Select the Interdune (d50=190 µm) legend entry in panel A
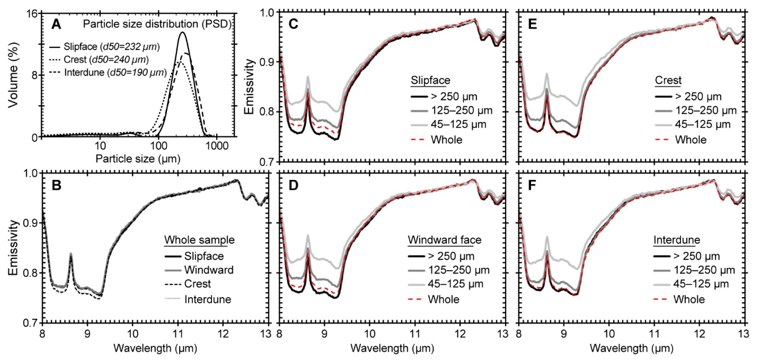click(115, 72)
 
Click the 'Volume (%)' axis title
click(13, 75)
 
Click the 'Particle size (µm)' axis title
click(138, 159)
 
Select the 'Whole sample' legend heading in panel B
click(199, 240)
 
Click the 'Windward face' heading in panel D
click(444, 240)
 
